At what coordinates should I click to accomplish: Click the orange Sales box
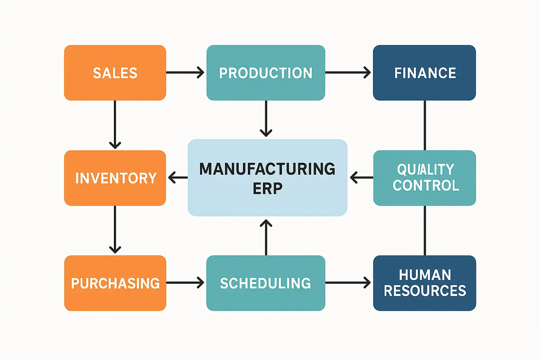pos(115,72)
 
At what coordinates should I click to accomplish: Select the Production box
pos(266,72)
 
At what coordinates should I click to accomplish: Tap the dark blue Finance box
pos(425,72)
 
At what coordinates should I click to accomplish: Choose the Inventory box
pos(115,178)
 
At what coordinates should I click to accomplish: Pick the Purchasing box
pos(115,283)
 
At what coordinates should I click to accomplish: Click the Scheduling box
pos(266,283)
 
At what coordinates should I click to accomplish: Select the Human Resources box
pos(425,283)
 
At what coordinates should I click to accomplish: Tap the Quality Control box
pos(425,178)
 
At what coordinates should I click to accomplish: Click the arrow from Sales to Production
pos(185,72)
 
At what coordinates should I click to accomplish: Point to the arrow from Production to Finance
pos(348,72)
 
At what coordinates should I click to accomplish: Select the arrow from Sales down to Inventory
pos(115,125)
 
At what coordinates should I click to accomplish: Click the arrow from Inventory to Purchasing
pos(115,230)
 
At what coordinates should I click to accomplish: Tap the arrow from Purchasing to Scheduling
pos(185,283)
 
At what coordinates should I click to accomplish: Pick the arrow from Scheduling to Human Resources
pos(348,283)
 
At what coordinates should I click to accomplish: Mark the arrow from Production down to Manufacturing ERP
pos(266,118)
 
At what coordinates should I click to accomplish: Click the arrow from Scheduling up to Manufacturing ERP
pos(266,237)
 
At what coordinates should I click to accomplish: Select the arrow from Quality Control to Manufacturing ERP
pos(362,178)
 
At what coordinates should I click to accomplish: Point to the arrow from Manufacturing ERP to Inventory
pos(178,178)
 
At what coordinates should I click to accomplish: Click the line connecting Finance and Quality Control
pos(425,126)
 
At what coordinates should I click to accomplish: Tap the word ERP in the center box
pos(267,188)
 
